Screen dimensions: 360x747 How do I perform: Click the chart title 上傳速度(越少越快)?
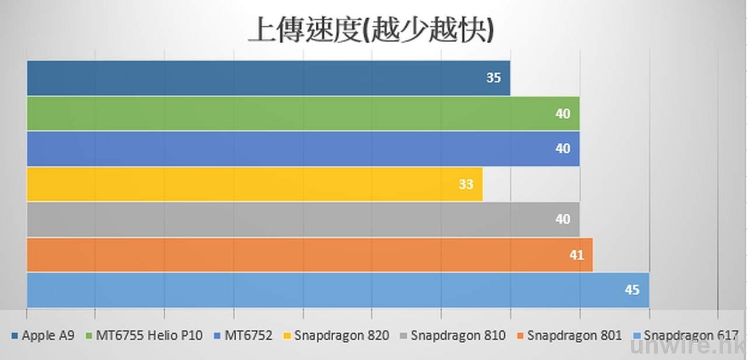pos(371,30)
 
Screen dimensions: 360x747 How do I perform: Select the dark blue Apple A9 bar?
pos(268,78)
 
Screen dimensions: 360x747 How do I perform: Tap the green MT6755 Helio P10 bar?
pos(303,113)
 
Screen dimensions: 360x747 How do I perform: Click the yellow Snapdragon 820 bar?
pos(254,184)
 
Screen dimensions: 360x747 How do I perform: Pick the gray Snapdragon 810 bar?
pos(303,219)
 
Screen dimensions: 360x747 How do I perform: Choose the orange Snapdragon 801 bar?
pos(309,254)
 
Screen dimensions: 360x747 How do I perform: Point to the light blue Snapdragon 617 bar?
pos(338,289)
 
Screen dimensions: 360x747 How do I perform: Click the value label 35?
pos(494,78)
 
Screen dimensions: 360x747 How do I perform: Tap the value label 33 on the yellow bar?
pos(466,185)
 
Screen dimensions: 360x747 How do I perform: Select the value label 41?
pos(577,255)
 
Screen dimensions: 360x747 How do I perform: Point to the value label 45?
pos(632,289)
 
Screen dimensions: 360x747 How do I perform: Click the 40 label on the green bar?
pos(563,114)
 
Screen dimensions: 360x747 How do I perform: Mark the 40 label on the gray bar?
pos(563,220)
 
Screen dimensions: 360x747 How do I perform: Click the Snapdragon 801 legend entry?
pos(574,335)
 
